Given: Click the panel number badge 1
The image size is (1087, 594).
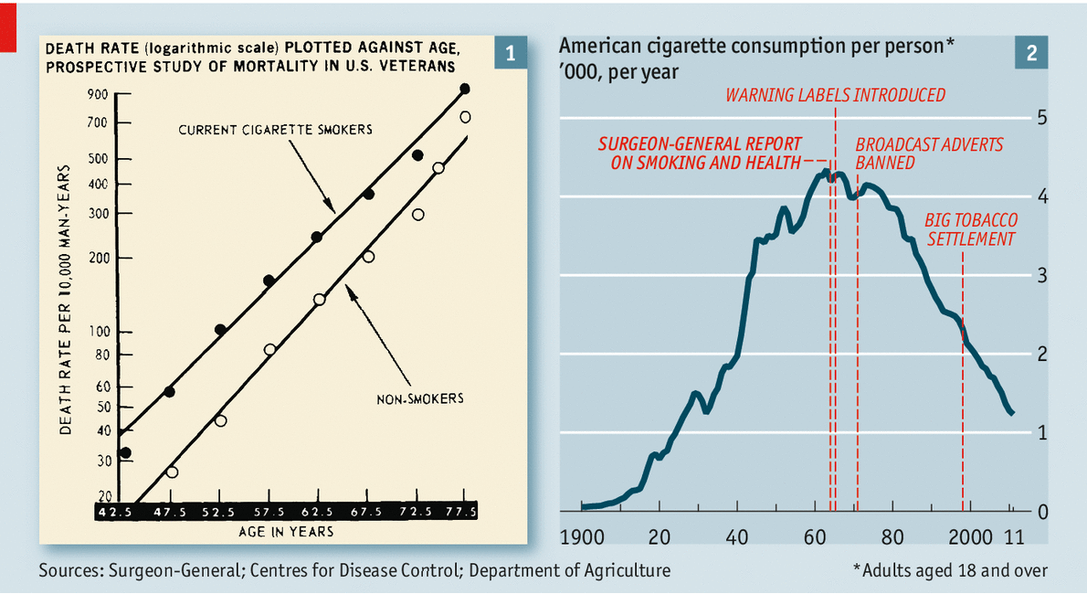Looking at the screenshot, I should (x=510, y=54).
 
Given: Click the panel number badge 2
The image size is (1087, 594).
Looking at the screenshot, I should (x=1031, y=54).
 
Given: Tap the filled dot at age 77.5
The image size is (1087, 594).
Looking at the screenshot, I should (x=465, y=89).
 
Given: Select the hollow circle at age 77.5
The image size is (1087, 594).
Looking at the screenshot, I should (x=465, y=117).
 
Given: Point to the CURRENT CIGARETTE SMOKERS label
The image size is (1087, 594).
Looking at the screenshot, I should (x=275, y=130).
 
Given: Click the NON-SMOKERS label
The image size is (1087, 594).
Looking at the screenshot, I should (x=420, y=398).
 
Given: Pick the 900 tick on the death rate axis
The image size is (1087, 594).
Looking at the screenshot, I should (x=98, y=94).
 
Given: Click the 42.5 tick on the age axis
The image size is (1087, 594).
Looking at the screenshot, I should (x=115, y=512).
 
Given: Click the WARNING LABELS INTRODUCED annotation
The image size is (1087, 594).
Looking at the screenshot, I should (x=835, y=95).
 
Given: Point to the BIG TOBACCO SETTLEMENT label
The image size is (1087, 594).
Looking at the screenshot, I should (x=971, y=230).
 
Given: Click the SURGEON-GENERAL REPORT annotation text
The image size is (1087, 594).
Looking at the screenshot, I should (x=701, y=154).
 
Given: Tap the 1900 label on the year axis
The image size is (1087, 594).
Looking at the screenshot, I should (x=582, y=536).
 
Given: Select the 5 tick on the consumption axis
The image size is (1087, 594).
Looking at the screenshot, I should (x=1040, y=118).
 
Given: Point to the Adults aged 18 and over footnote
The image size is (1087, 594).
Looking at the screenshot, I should (x=950, y=570).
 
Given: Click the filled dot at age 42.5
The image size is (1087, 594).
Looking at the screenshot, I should (x=125, y=452).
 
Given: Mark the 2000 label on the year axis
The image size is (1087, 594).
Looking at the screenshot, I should (x=970, y=536).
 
